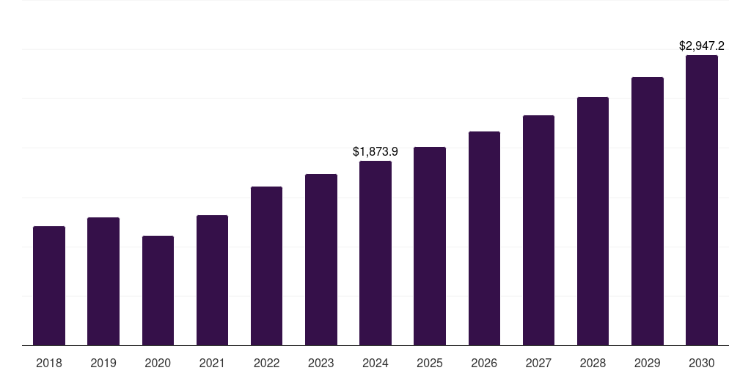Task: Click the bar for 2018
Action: (x=49, y=286)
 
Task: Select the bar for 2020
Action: (x=158, y=290)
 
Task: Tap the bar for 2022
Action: (x=266, y=266)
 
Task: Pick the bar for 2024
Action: (x=375, y=253)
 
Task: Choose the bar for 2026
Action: (x=484, y=238)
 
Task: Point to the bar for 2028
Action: (x=593, y=221)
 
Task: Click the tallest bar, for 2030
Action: (x=702, y=200)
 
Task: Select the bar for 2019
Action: (x=103, y=281)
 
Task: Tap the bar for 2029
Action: (x=648, y=211)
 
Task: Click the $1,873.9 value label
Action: (x=375, y=151)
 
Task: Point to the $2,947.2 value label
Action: (x=702, y=46)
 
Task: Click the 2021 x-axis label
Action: (x=212, y=363)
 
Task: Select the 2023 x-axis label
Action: (x=321, y=363)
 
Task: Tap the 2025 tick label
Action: (x=430, y=363)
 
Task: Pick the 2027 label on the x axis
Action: (x=538, y=363)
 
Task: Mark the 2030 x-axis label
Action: (x=702, y=363)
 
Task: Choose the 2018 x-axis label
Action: (x=49, y=363)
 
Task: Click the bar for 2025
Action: (x=430, y=246)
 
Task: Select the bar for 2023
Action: (x=321, y=259)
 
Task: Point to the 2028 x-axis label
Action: (x=593, y=363)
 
